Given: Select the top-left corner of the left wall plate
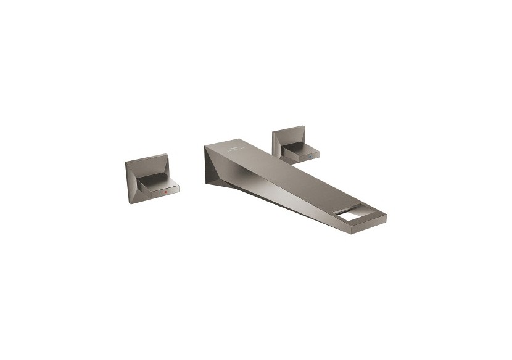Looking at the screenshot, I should tap(126, 163).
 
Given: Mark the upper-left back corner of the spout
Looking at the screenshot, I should tap(204, 146).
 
